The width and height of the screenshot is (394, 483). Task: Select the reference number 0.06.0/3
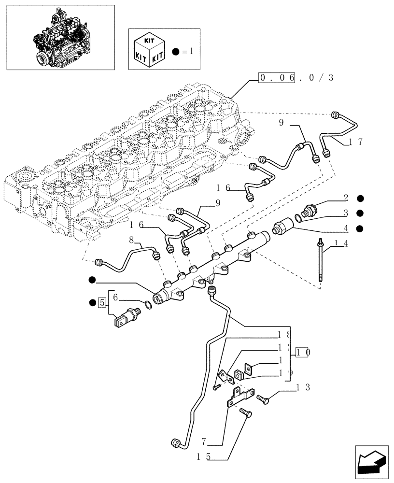point(296,78)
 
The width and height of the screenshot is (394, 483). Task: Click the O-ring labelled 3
point(299,218)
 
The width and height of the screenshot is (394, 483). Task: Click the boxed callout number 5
point(101,303)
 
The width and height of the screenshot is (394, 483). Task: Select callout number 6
point(115,298)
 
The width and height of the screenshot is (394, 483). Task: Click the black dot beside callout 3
point(360,213)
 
